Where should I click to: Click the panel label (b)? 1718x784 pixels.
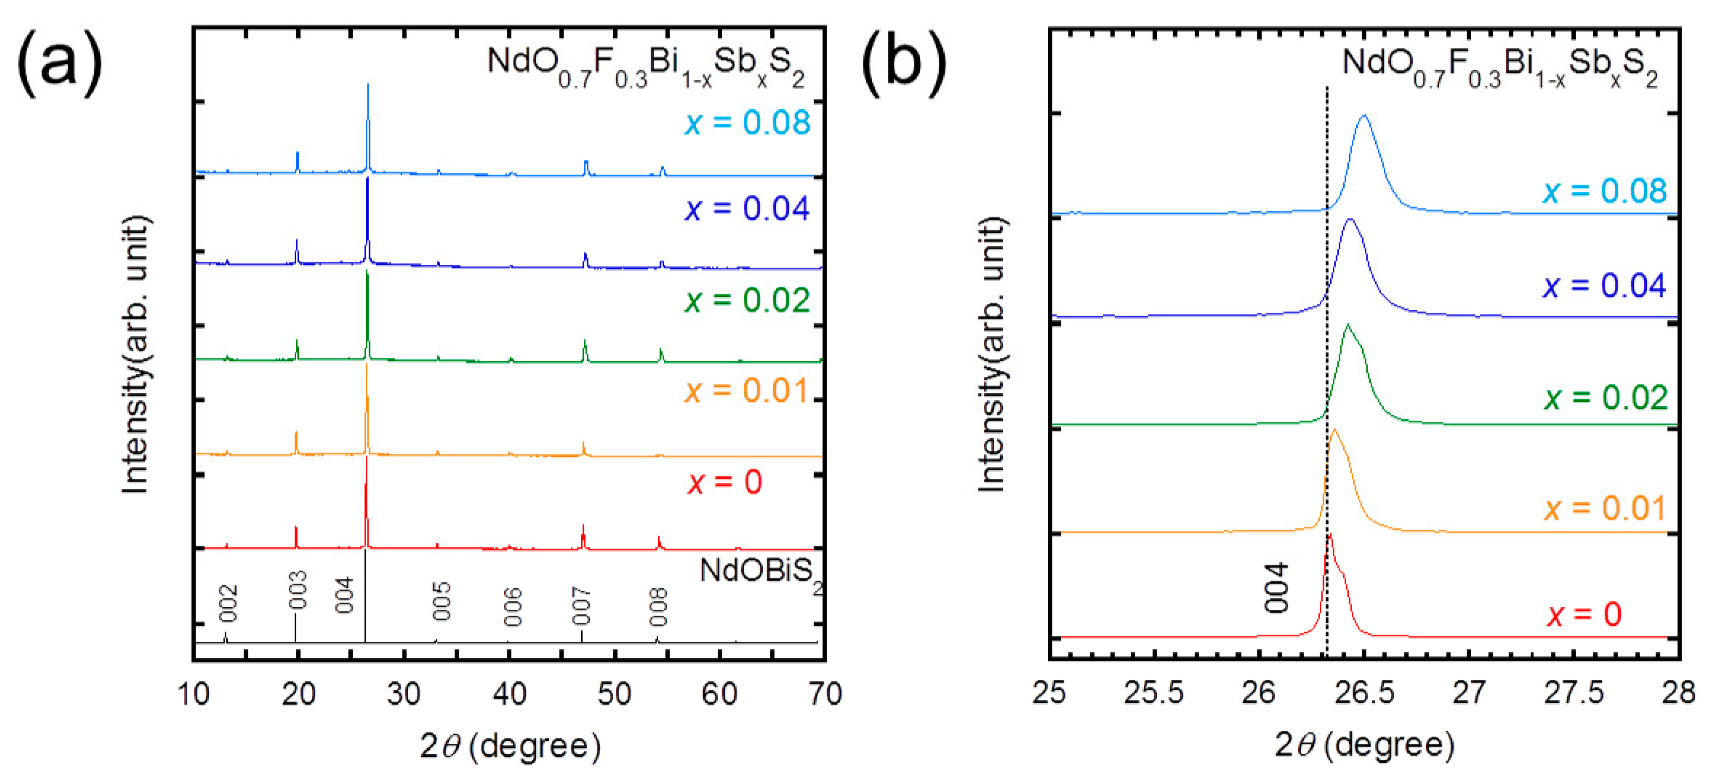[x=903, y=64]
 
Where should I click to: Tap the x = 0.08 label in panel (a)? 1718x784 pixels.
[x=747, y=123]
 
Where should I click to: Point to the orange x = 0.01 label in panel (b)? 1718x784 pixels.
[x=1605, y=508]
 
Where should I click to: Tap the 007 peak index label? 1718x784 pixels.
[x=581, y=606]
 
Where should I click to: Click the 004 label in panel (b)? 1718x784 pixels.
[x=1276, y=587]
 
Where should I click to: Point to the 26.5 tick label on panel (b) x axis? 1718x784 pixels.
[x=1364, y=693]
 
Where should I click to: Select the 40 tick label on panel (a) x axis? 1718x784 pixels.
[x=509, y=694]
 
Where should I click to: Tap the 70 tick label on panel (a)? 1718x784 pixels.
[x=824, y=694]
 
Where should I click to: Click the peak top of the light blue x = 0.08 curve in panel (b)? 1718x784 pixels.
[x=1363, y=116]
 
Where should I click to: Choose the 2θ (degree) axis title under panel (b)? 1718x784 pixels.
[x=1364, y=744]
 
